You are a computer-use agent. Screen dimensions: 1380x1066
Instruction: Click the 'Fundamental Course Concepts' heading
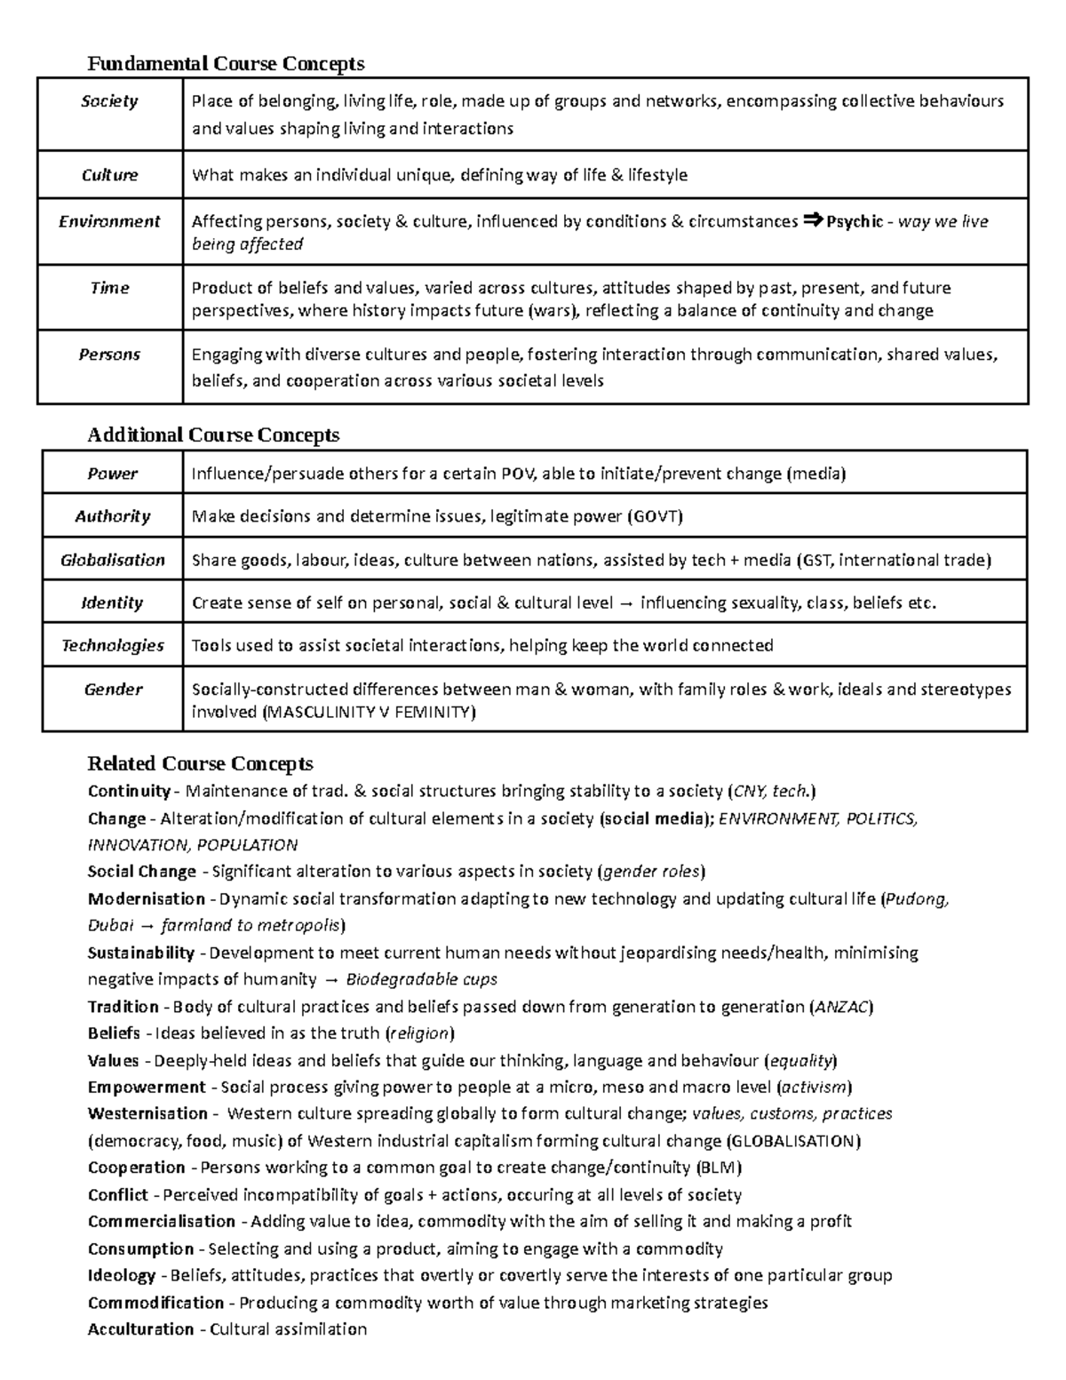[226, 63]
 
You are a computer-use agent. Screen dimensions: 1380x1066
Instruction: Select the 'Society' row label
[109, 101]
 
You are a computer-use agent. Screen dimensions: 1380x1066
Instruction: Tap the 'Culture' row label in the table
[109, 175]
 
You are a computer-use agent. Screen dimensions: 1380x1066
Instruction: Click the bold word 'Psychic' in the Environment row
[854, 221]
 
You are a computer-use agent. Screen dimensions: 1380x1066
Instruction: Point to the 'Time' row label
[109, 288]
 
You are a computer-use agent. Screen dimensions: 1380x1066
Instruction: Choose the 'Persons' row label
[109, 355]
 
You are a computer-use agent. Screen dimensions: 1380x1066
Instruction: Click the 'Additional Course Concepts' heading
[213, 435]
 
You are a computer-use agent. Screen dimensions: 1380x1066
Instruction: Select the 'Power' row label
[112, 474]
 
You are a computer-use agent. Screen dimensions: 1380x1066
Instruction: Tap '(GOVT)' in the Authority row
[655, 516]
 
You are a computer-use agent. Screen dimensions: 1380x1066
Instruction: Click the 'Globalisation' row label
[112, 560]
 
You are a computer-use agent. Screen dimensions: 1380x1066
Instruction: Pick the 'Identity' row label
[112, 602]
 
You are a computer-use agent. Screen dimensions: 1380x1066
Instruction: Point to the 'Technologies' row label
[112, 645]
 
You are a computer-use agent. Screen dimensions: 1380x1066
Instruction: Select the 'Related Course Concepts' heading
[200, 763]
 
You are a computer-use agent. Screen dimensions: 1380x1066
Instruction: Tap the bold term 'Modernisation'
[147, 898]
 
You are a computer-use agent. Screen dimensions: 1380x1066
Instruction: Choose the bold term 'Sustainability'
[141, 953]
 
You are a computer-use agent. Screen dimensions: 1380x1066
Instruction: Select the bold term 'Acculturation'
[140, 1329]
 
